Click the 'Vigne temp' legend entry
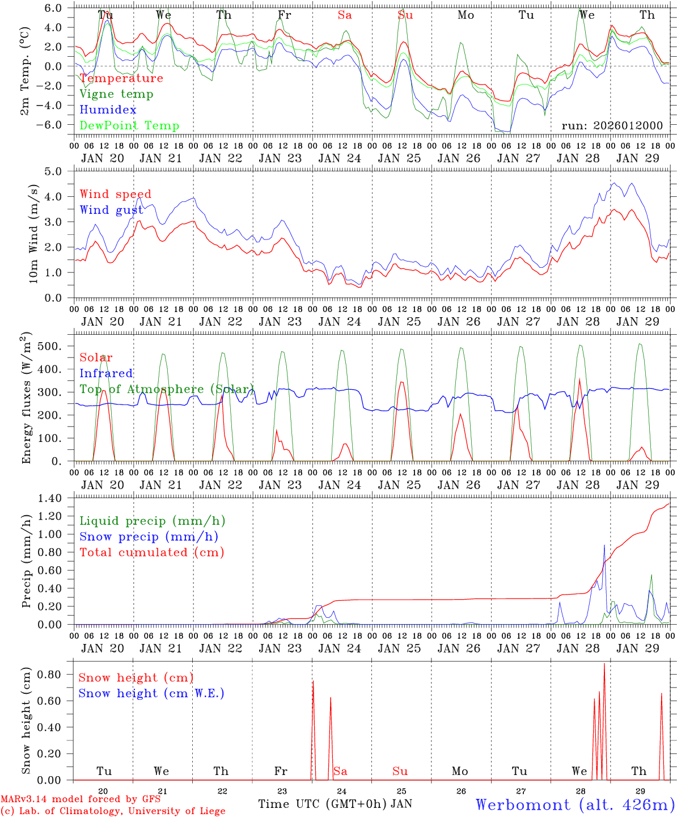click(x=116, y=94)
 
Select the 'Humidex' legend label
click(x=108, y=110)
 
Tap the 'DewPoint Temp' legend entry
click(x=129, y=126)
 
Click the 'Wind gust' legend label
click(x=111, y=210)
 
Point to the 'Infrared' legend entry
click(x=106, y=373)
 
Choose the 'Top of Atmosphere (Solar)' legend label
click(x=166, y=389)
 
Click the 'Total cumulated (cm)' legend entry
click(x=151, y=553)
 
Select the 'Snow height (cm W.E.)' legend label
click(x=151, y=693)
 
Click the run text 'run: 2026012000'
click(x=612, y=125)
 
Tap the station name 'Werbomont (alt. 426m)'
click(x=575, y=805)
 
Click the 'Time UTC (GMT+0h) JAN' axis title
click(x=335, y=804)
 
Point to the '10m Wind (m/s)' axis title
click(x=33, y=233)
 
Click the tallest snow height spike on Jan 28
click(x=604, y=664)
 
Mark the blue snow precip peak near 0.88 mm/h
click(x=604, y=545)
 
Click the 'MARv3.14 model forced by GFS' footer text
click(x=80, y=799)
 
